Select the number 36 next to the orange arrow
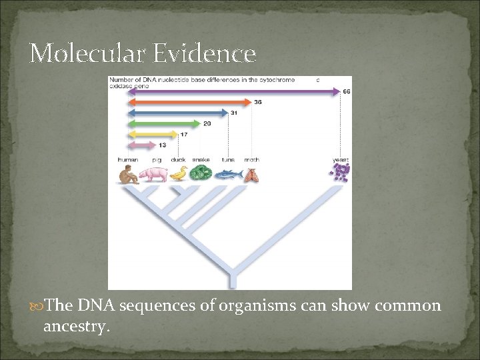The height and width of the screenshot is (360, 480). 258,102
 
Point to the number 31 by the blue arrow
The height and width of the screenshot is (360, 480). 234,113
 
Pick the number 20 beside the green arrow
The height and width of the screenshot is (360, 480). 207,123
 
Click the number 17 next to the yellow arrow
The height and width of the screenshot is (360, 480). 183,134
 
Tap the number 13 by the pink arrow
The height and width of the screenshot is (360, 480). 162,145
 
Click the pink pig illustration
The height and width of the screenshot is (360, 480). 155,175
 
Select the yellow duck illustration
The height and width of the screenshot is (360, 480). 179,175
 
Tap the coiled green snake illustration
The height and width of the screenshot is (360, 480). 201,173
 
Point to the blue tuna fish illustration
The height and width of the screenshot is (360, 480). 227,175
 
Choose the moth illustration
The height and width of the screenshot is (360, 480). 251,175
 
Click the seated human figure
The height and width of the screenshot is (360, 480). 128,175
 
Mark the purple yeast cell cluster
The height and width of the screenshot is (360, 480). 341,173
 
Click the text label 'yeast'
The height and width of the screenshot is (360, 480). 341,160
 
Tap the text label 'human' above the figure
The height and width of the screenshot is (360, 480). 128,160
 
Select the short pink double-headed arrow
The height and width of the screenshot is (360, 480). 141,145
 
